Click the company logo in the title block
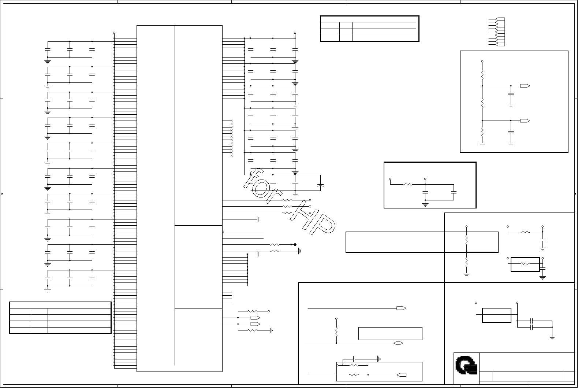pyautogui.click(x=466, y=365)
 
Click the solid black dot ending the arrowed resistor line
pyautogui.click(x=295, y=245)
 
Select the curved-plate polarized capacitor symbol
pyautogui.click(x=320, y=186)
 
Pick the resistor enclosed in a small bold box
pyautogui.click(x=525, y=264)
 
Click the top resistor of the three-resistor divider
pyautogui.click(x=482, y=75)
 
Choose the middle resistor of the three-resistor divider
pyautogui.click(x=482, y=103)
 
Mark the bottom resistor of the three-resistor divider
pyautogui.click(x=482, y=132)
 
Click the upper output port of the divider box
pyautogui.click(x=525, y=86)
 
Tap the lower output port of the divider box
pyautogui.click(x=525, y=121)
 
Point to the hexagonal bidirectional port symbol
pyautogui.click(x=398, y=343)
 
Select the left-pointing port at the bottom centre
pyautogui.click(x=401, y=375)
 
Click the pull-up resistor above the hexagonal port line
pyautogui.click(x=336, y=332)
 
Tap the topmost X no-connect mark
pyautogui.click(x=231, y=121)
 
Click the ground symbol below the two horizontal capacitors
pyautogui.click(x=552, y=338)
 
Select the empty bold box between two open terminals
pyautogui.click(x=496, y=315)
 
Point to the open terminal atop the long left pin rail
pyautogui.click(x=114, y=33)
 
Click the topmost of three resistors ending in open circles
pyautogui.click(x=287, y=200)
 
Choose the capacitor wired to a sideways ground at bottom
pyautogui.click(x=354, y=359)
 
